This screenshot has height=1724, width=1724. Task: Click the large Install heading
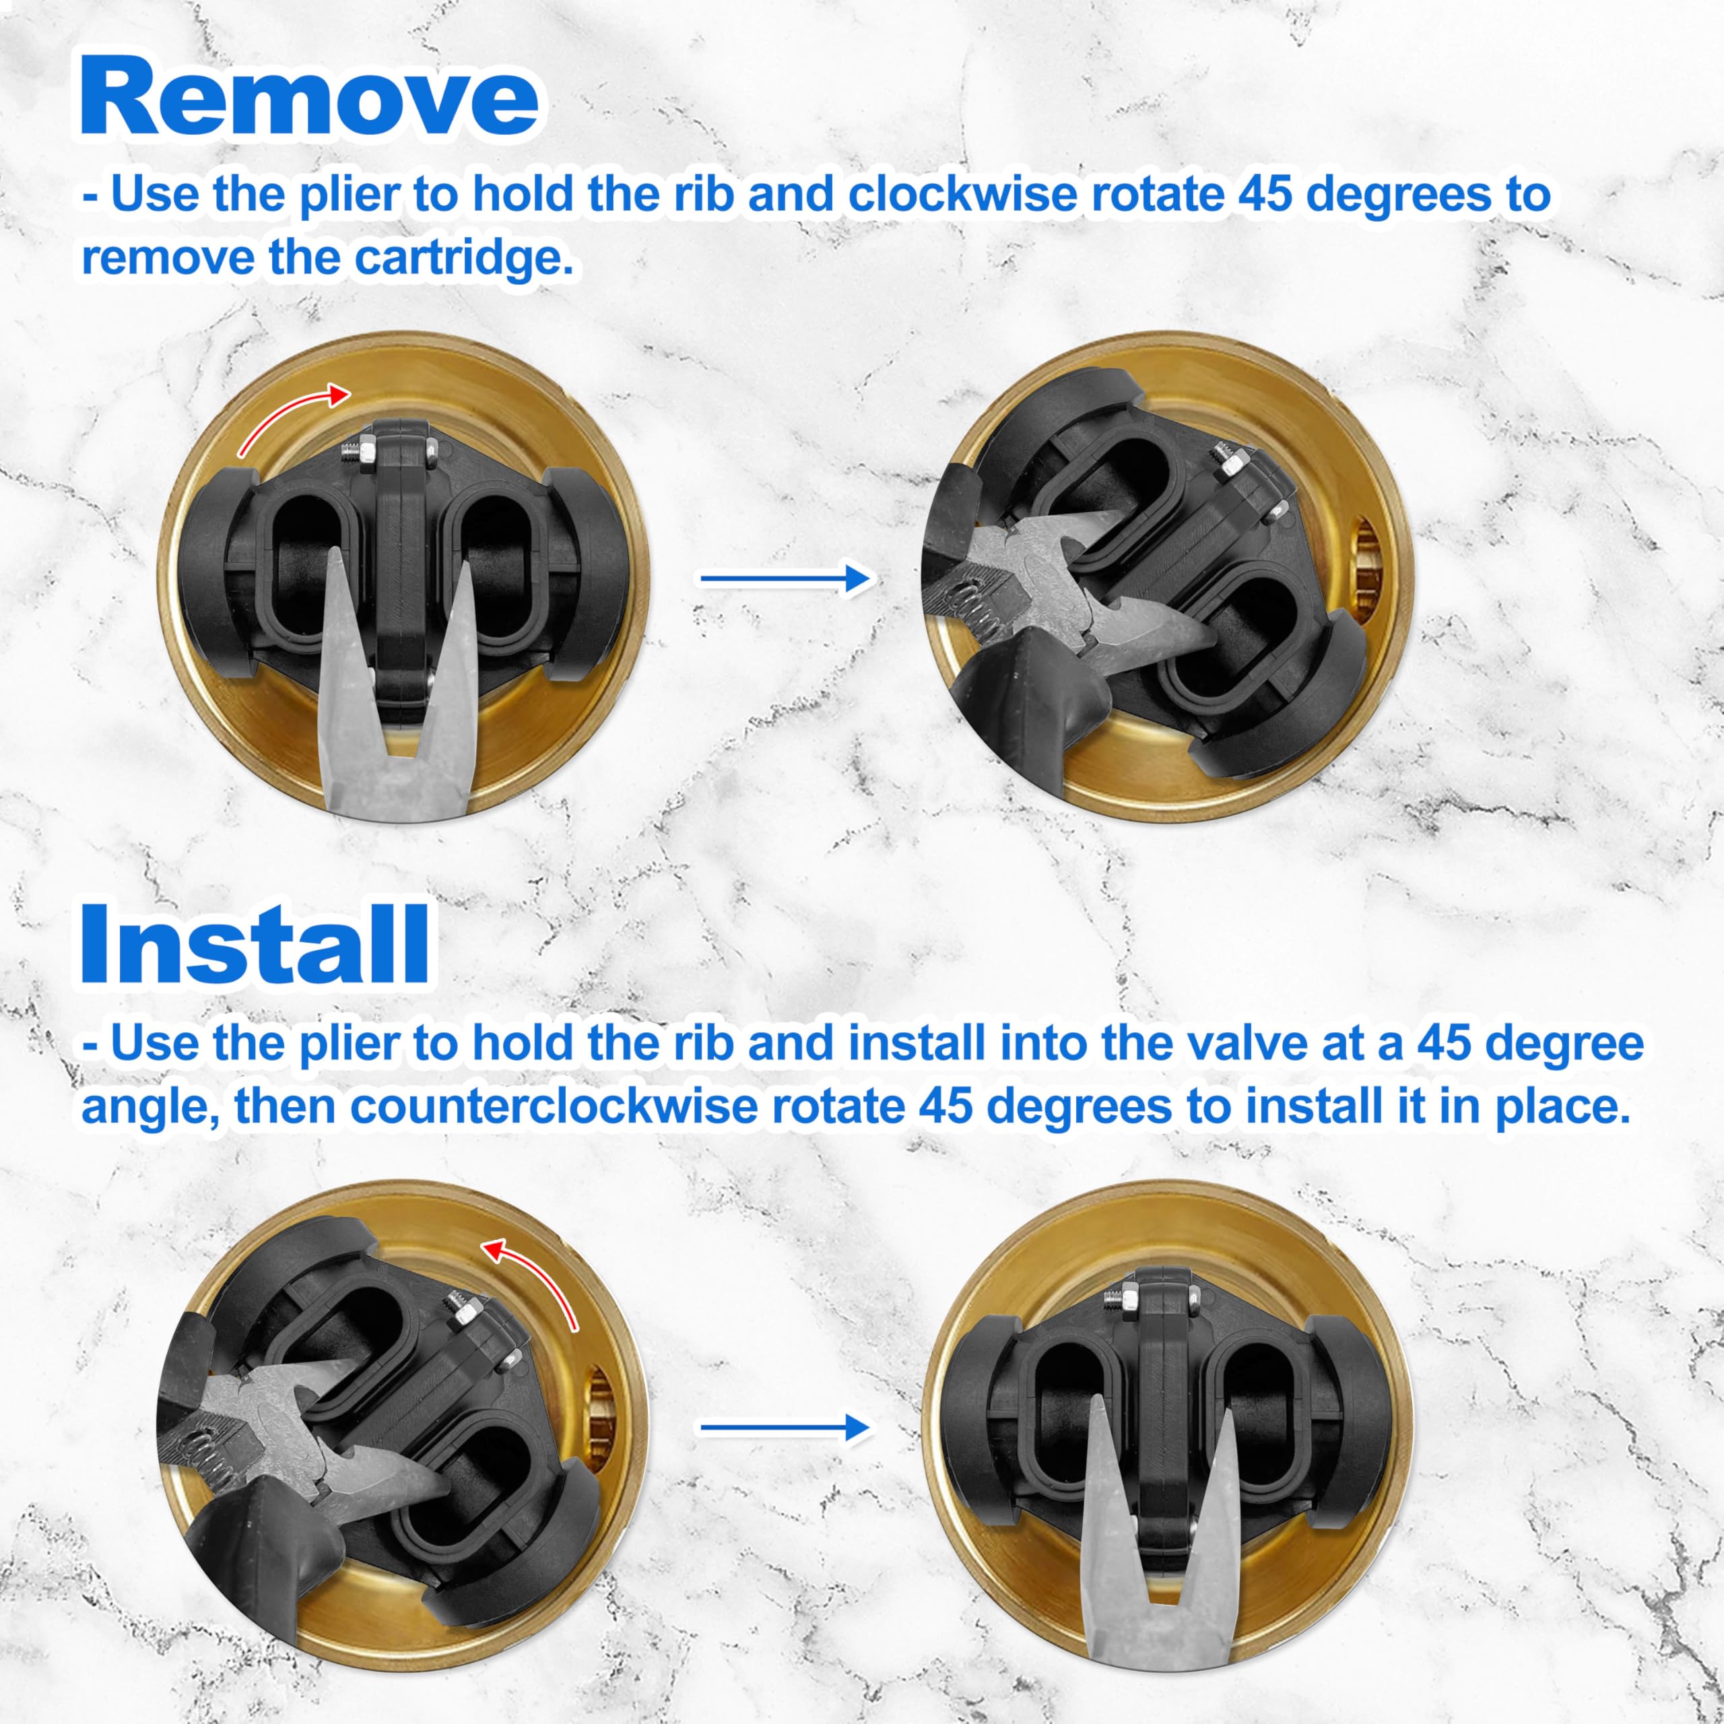click(255, 944)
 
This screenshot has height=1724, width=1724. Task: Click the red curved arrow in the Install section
click(533, 1279)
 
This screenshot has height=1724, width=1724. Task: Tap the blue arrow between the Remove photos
click(785, 579)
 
